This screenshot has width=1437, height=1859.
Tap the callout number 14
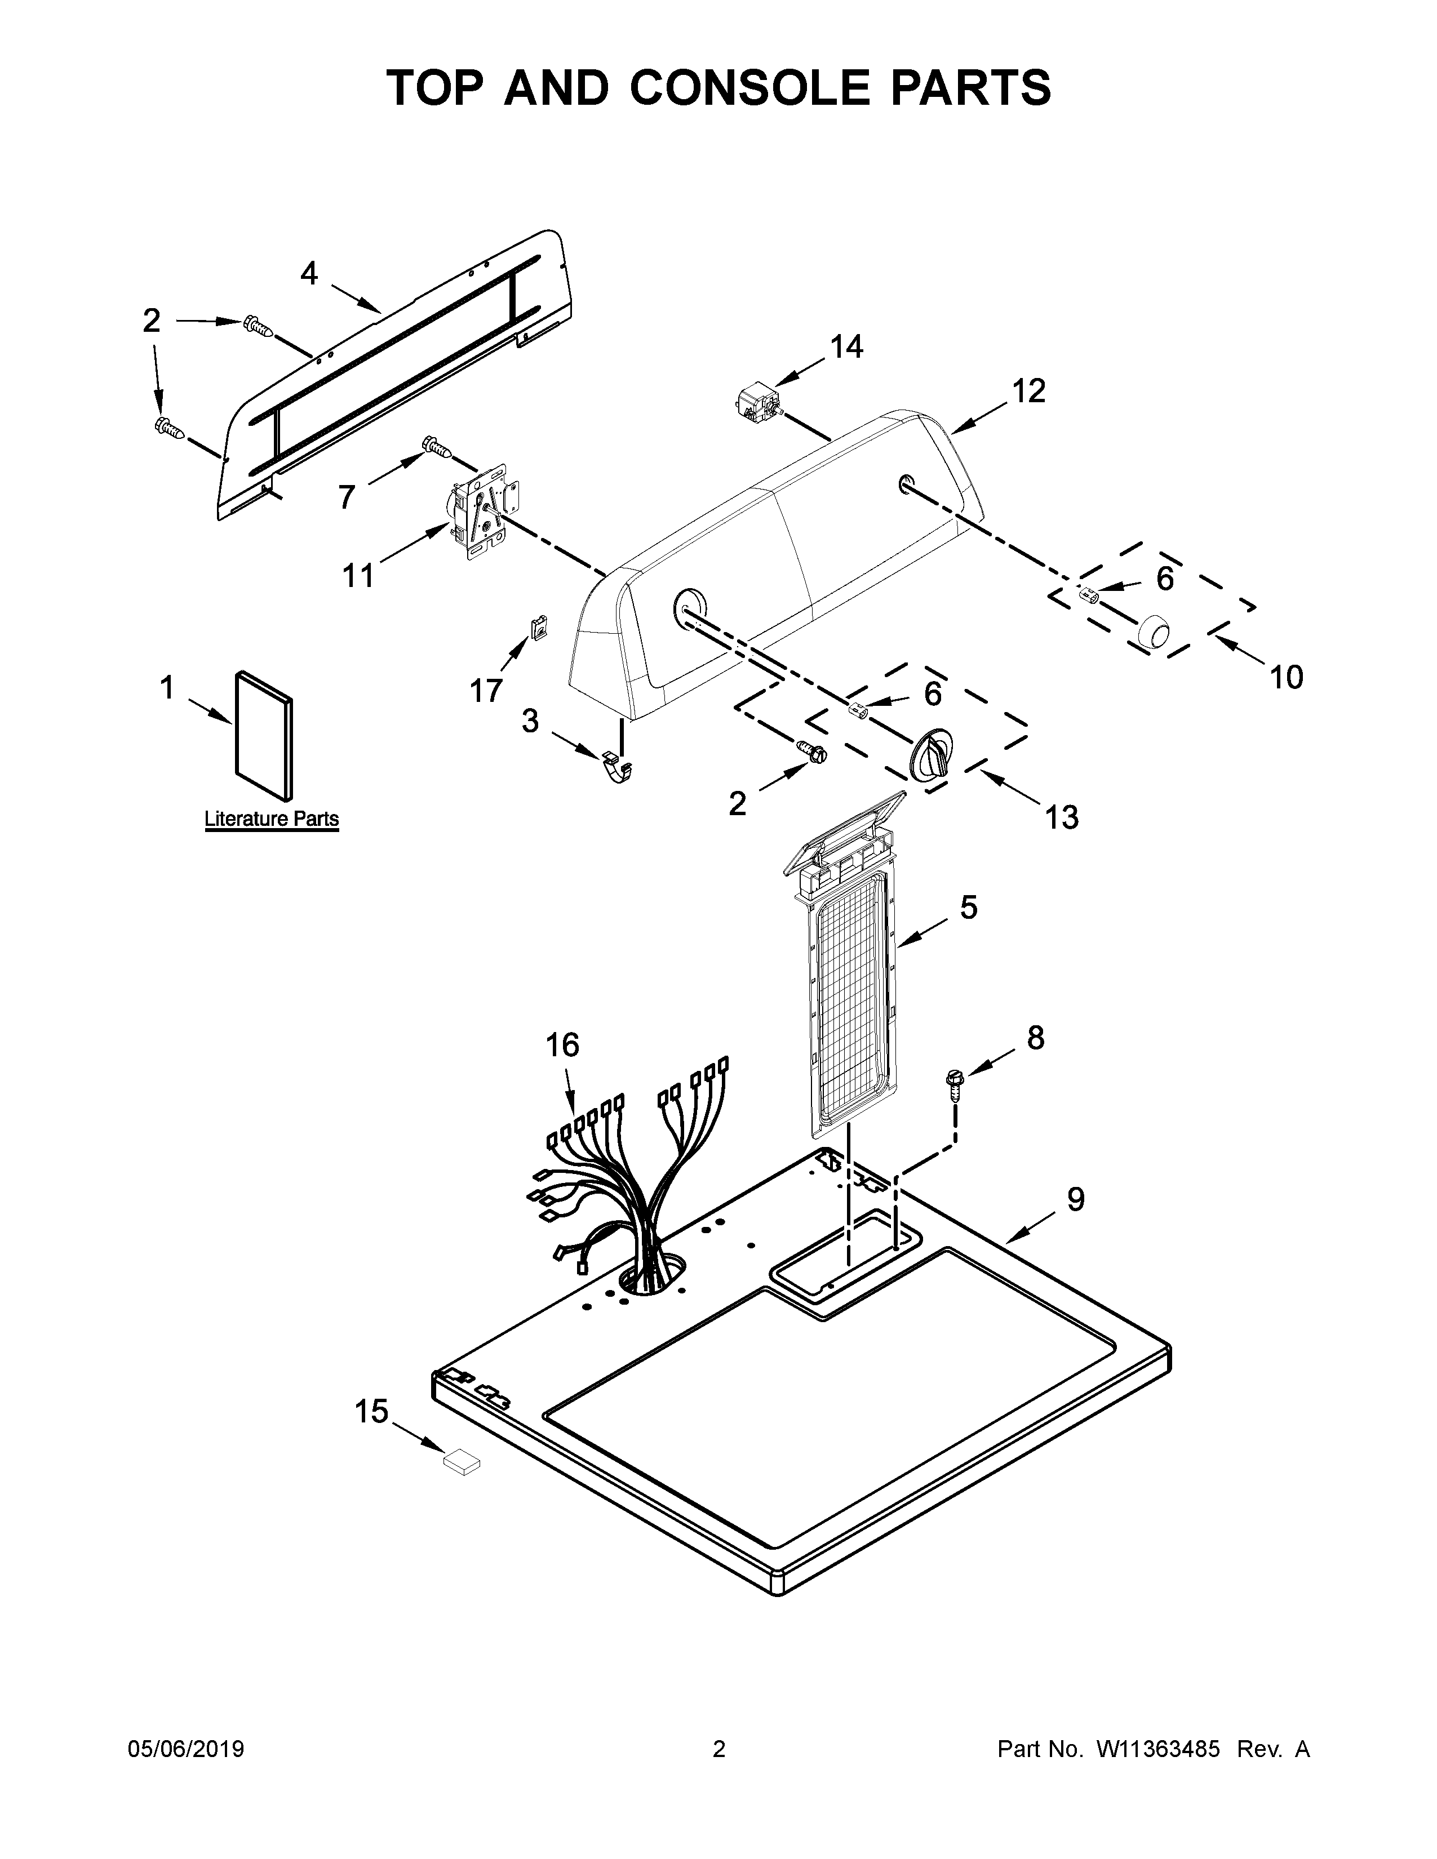(846, 346)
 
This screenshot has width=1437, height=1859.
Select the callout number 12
(1028, 391)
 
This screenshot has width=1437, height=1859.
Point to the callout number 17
(486, 690)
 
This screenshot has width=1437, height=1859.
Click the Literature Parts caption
(272, 819)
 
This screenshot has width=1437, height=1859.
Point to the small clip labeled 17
(538, 628)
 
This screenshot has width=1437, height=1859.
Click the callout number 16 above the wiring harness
(562, 1044)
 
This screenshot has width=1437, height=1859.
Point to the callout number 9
(1076, 1199)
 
